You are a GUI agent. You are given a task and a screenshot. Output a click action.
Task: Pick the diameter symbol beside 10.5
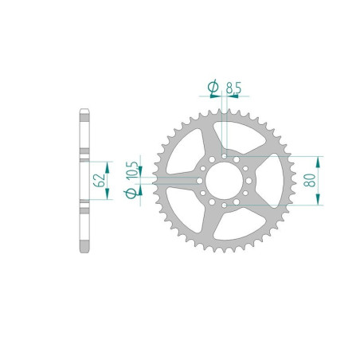(134, 191)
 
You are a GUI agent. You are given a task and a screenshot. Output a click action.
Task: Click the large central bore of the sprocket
(224, 181)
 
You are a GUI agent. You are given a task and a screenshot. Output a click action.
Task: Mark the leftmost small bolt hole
(199, 181)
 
